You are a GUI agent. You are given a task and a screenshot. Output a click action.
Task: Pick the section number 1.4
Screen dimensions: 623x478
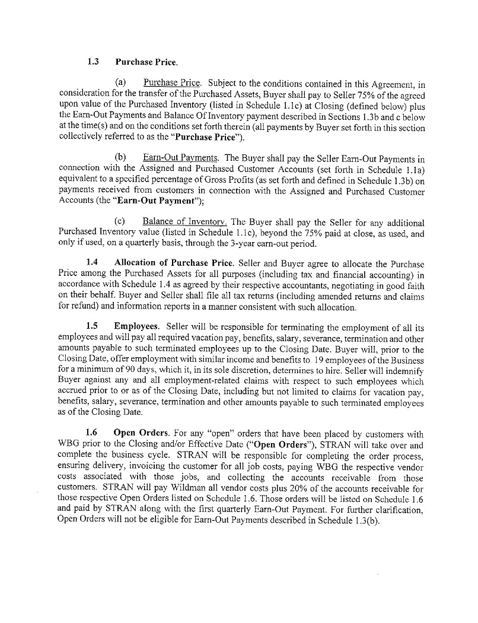click(92, 262)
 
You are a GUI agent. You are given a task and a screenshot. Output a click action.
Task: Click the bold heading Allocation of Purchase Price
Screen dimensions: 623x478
click(174, 262)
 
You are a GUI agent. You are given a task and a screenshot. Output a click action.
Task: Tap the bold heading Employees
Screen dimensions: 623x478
click(136, 326)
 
